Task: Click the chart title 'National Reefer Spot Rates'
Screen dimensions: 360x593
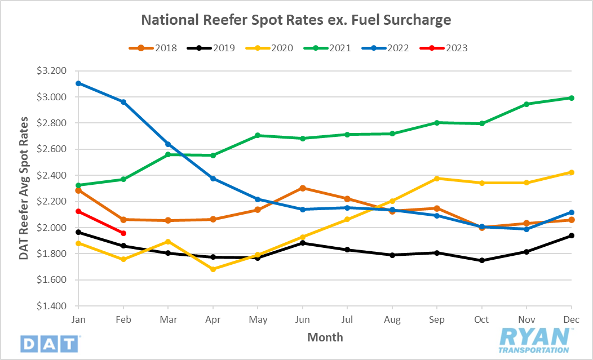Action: click(x=296, y=20)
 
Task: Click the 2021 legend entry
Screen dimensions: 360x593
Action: click(x=333, y=48)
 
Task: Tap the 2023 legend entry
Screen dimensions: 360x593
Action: click(x=448, y=48)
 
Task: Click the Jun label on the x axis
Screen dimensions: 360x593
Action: click(x=303, y=320)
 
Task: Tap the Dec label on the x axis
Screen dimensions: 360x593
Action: click(x=571, y=320)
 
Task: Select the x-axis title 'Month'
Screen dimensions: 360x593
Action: click(x=325, y=337)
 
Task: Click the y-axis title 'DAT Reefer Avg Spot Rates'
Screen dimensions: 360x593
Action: click(x=24, y=188)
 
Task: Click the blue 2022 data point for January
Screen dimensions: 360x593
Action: click(x=79, y=83)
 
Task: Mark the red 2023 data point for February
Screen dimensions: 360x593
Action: click(x=123, y=233)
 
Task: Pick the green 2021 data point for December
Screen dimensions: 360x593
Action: click(x=571, y=98)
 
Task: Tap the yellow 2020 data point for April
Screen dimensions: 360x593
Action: click(x=213, y=269)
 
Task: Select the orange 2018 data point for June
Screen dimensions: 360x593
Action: click(x=303, y=188)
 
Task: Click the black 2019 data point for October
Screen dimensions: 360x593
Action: click(x=481, y=260)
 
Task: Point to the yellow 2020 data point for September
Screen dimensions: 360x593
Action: click(x=437, y=179)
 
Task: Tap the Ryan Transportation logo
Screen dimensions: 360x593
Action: click(x=534, y=340)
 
